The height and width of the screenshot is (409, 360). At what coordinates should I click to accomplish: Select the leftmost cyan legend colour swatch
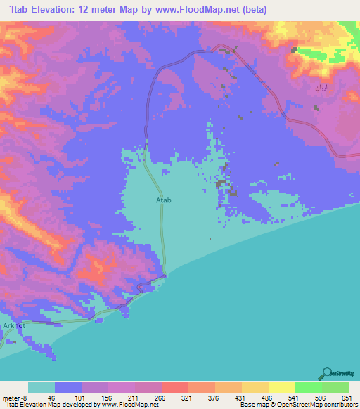tap(41, 387)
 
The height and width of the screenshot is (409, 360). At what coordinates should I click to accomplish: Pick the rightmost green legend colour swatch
tap(335, 387)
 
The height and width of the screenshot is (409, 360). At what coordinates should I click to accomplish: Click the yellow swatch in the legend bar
tap(281, 387)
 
